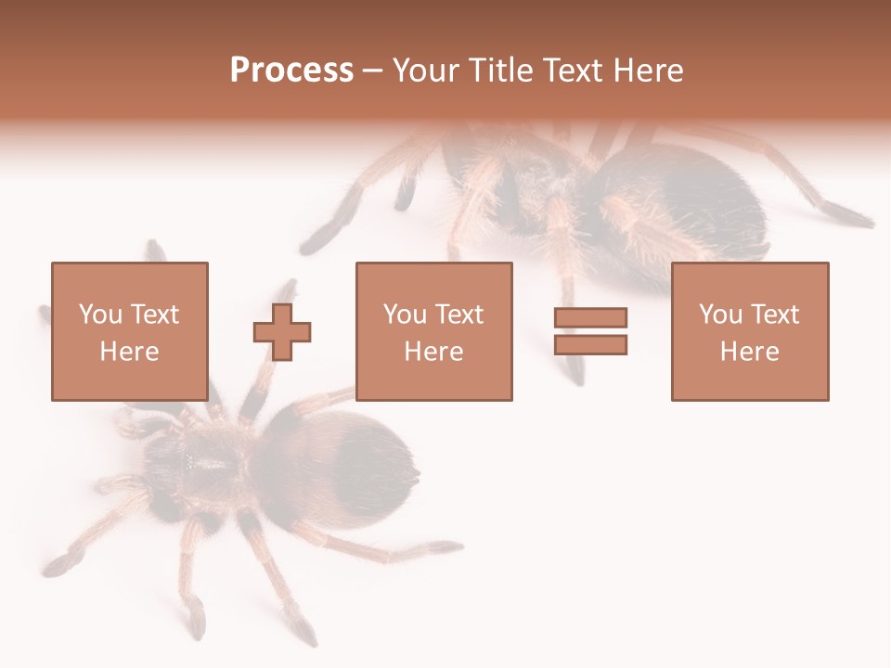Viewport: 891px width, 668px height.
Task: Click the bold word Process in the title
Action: pyautogui.click(x=291, y=71)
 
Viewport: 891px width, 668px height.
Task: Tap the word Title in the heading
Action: pyautogui.click(x=503, y=71)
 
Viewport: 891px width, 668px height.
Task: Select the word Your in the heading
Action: pyautogui.click(x=426, y=71)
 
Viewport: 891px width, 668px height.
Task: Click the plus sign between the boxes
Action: pyautogui.click(x=282, y=331)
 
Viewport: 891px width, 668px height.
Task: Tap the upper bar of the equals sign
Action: pyautogui.click(x=590, y=317)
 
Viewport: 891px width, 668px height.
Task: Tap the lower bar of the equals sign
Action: pyautogui.click(x=590, y=345)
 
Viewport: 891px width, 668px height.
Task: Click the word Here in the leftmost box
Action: pyautogui.click(x=129, y=352)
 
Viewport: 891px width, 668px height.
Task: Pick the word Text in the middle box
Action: pyautogui.click(x=459, y=315)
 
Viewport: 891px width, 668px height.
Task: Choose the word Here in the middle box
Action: pyautogui.click(x=433, y=352)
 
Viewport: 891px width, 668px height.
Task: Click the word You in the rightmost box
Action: pyautogui.click(x=721, y=315)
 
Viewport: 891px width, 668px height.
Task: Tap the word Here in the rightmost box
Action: pyautogui.click(x=749, y=352)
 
